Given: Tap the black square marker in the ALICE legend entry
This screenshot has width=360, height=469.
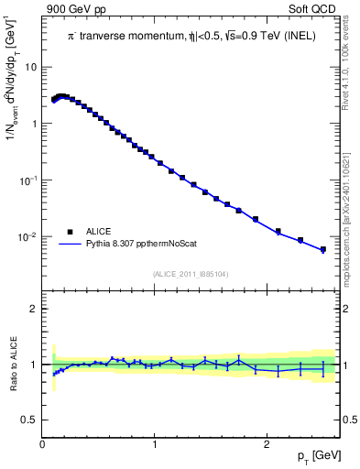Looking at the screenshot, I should coord(70,231).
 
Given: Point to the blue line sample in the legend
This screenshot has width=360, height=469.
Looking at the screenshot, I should coord(70,245).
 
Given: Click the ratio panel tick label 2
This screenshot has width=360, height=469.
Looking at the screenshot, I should coord(35,309).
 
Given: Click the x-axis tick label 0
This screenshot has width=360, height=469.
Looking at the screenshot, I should coord(43,444).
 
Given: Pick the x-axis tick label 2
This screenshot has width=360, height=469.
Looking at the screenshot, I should coord(266,444).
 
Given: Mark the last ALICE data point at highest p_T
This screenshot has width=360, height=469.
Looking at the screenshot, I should coord(322,248).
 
